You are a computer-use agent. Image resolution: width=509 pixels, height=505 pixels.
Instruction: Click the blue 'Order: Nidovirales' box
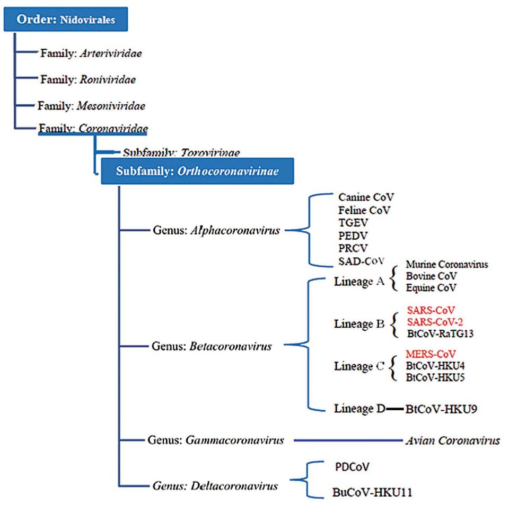[66, 21]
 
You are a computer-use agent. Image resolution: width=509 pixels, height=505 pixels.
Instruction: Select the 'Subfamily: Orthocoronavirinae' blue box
[197, 171]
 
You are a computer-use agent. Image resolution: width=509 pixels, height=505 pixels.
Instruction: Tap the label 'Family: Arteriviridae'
[91, 53]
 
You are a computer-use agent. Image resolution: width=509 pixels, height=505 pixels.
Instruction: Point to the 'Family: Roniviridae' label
[88, 79]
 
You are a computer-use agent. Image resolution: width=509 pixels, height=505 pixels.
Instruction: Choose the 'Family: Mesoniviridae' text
[91, 105]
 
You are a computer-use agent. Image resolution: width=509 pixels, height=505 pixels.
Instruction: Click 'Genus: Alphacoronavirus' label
[216, 230]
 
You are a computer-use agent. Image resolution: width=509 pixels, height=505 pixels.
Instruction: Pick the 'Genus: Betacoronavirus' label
[212, 347]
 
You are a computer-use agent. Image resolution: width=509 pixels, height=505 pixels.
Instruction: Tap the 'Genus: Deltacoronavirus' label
[215, 483]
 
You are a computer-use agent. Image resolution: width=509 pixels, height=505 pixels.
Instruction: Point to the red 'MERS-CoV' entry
[431, 354]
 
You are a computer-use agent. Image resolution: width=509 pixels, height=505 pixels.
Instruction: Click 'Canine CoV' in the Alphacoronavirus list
[366, 197]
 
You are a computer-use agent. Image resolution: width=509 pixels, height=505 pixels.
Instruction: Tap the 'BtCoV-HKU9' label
[443, 409]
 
